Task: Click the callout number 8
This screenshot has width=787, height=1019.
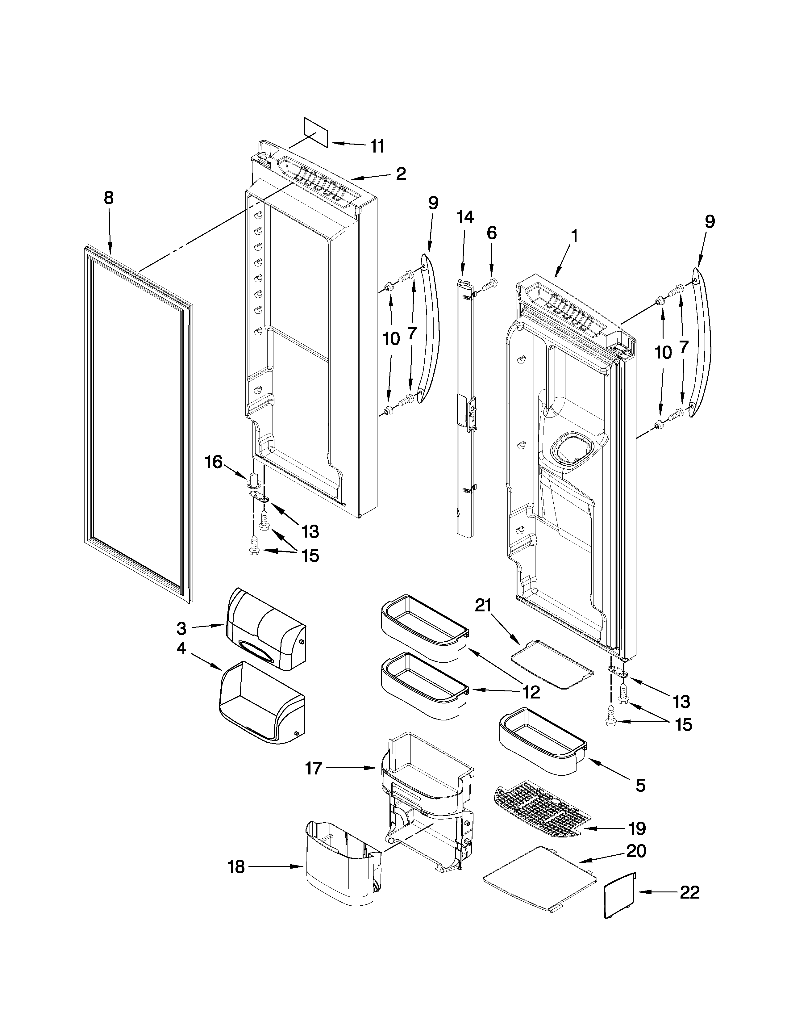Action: (x=108, y=198)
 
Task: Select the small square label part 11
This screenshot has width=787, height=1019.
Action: (x=316, y=132)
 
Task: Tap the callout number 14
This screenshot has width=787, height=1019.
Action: (x=465, y=217)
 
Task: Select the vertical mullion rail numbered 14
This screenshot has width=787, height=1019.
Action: (x=465, y=406)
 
